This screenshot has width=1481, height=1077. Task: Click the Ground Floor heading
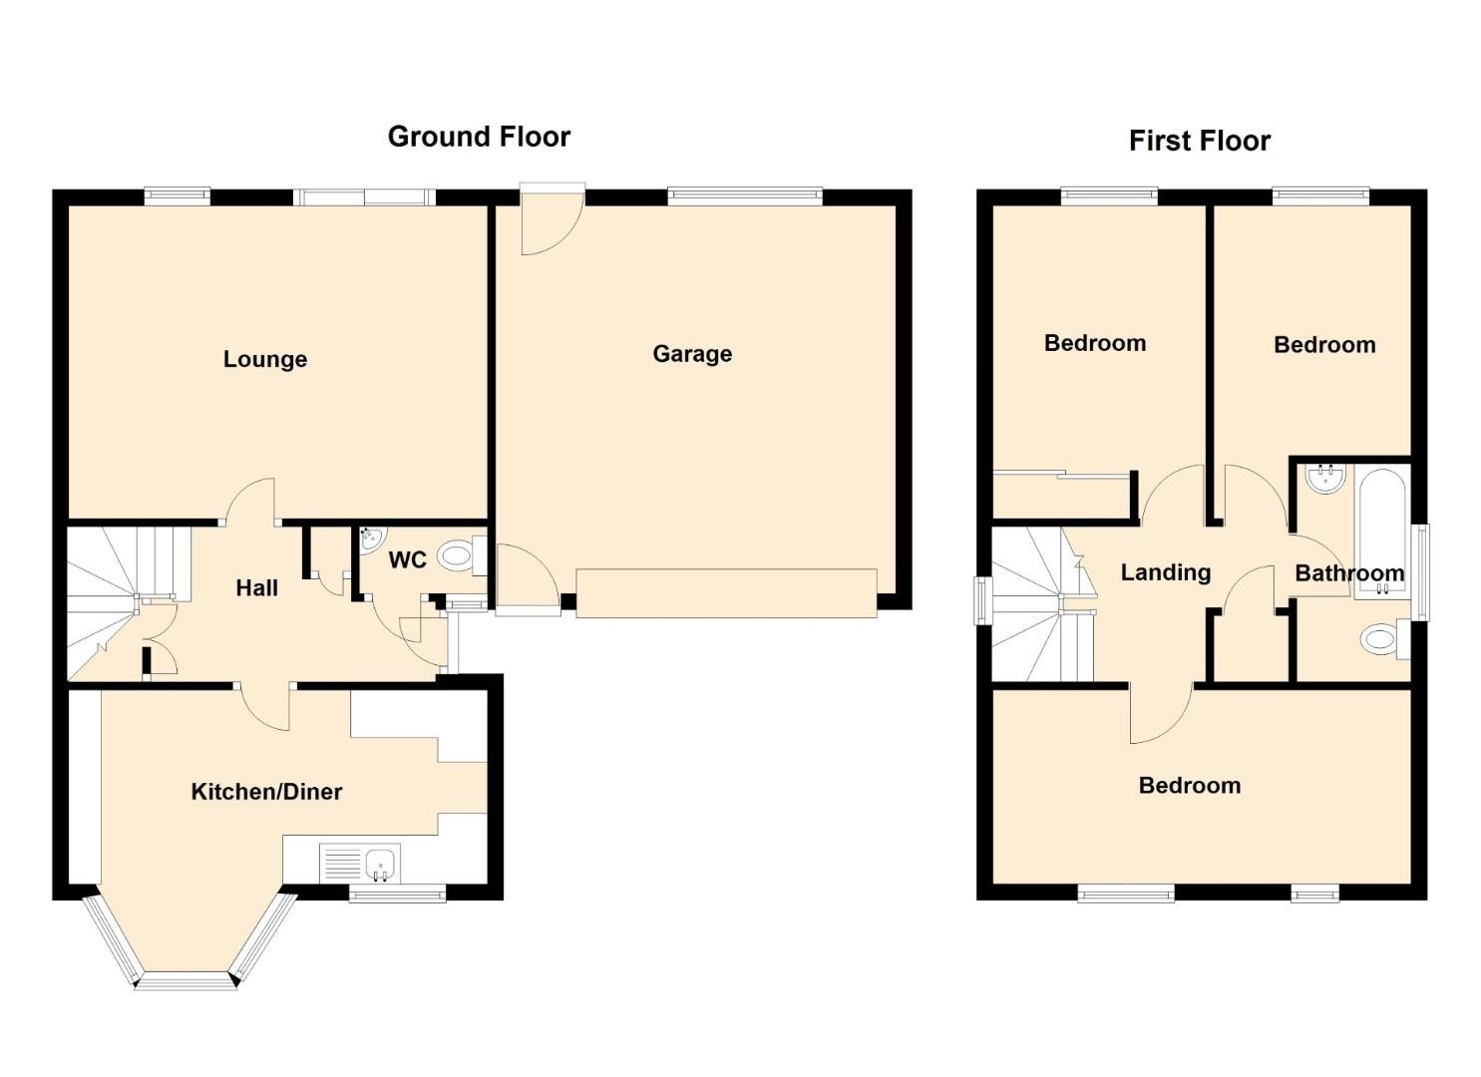[479, 137]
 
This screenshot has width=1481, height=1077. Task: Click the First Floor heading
[1200, 141]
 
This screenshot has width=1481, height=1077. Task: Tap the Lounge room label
[265, 359]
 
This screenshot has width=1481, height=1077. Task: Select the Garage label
[692, 354]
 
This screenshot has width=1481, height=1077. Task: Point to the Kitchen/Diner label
[266, 792]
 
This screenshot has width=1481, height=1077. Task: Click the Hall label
[256, 587]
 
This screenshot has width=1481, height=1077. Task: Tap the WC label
[407, 560]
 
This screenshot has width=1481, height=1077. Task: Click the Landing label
[1166, 571]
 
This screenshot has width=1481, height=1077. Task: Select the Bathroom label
[1349, 573]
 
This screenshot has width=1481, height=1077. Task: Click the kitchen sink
[360, 863]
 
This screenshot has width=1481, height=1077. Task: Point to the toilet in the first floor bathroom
[1385, 639]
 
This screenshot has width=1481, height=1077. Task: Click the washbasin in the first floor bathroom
[1325, 479]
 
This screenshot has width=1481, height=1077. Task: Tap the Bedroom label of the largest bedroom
[1190, 786]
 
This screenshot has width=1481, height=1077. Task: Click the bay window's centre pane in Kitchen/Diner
[185, 981]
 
